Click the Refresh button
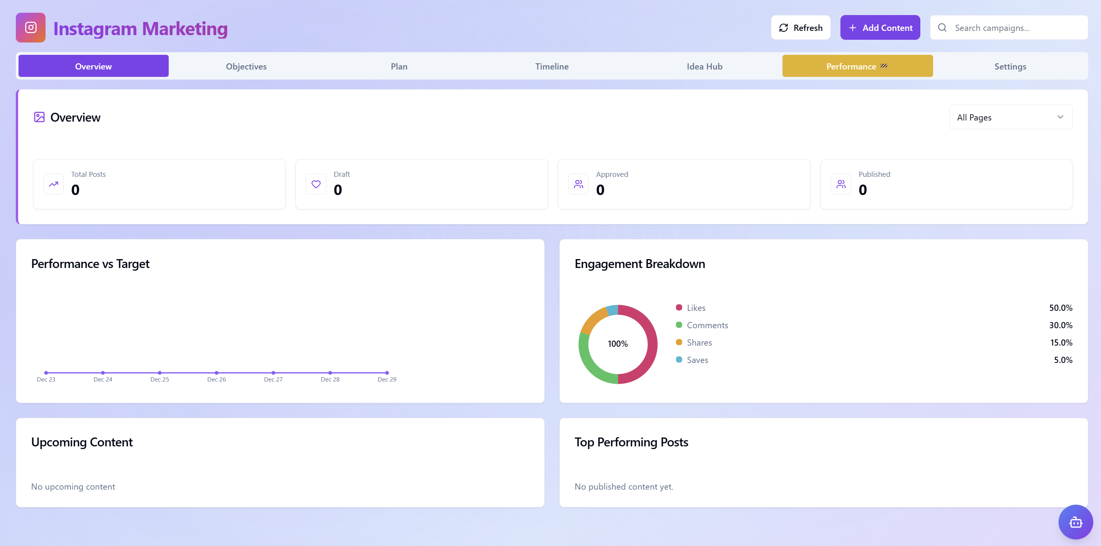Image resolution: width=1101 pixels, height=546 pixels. pyautogui.click(x=800, y=28)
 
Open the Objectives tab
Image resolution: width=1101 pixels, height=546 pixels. pyautogui.click(x=246, y=66)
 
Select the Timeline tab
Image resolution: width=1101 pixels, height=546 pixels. pyautogui.click(x=551, y=66)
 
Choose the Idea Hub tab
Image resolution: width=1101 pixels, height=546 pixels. pyautogui.click(x=705, y=66)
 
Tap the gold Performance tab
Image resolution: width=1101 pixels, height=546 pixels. pyautogui.click(x=857, y=66)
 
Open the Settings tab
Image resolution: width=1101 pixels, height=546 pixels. pyautogui.click(x=1010, y=66)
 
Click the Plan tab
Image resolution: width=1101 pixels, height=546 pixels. pyautogui.click(x=399, y=66)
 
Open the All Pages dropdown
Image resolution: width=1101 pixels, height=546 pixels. pyautogui.click(x=1010, y=117)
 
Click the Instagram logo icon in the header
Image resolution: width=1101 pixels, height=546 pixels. pyautogui.click(x=31, y=28)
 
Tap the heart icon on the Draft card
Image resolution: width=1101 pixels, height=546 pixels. pyautogui.click(x=316, y=184)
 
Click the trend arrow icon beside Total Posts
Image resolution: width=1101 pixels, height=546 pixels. pyautogui.click(x=53, y=184)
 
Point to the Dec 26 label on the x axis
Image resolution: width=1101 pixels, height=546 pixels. pyautogui.click(x=216, y=379)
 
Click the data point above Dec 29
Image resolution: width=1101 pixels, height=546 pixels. pyautogui.click(x=387, y=372)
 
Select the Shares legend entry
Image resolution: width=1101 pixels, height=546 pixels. pyautogui.click(x=699, y=343)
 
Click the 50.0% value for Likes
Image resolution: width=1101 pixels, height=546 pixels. pyautogui.click(x=1060, y=308)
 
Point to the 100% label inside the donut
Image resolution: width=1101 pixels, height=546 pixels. pyautogui.click(x=618, y=344)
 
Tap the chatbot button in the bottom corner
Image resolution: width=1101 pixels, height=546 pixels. pyautogui.click(x=1076, y=522)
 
